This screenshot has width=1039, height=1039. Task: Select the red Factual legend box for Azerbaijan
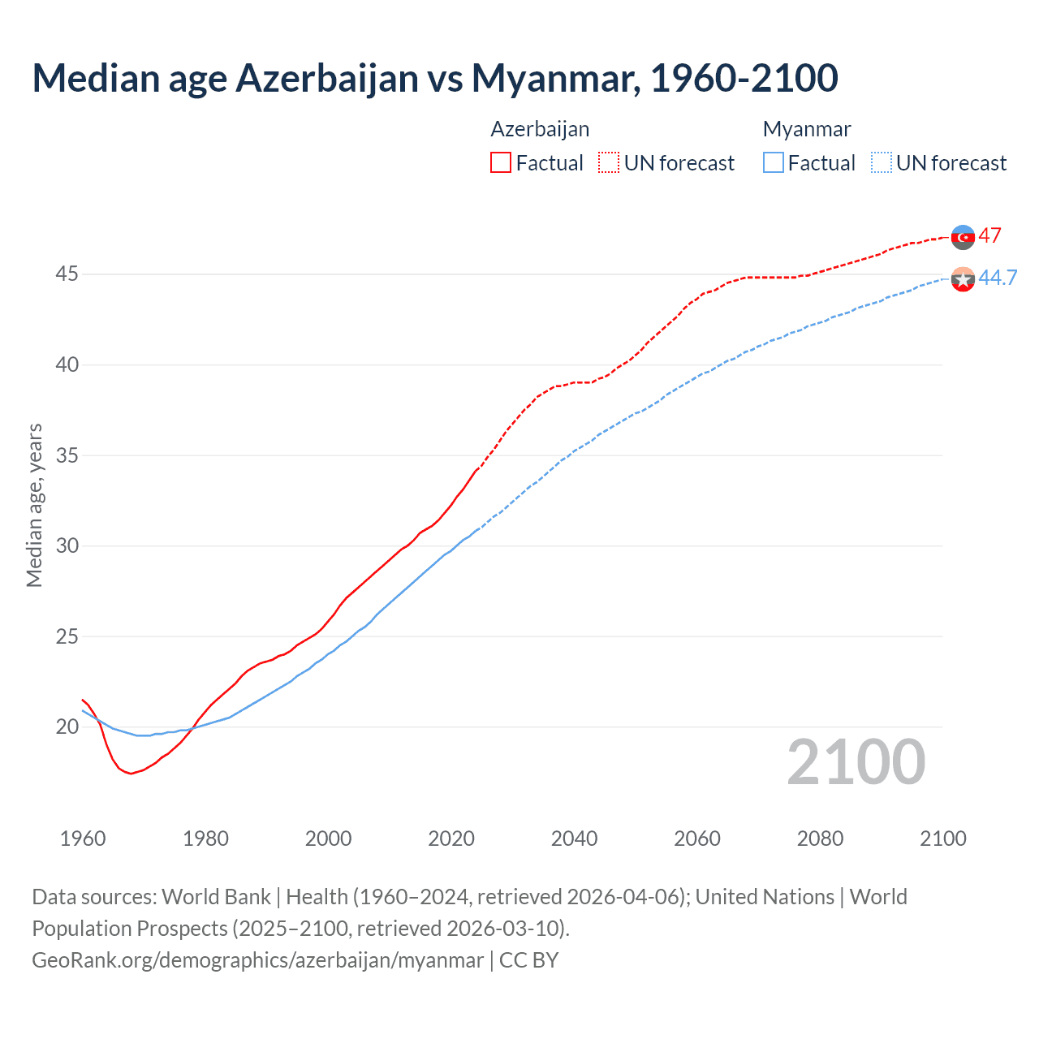click(501, 163)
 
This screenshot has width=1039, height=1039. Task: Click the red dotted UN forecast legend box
click(609, 163)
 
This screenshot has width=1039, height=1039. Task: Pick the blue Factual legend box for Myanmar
click(774, 163)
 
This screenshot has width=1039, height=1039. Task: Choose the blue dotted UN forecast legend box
click(882, 163)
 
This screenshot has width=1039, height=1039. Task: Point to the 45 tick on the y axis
click(67, 274)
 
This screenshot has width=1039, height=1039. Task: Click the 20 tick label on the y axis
click(67, 726)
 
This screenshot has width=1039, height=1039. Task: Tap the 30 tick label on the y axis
click(67, 545)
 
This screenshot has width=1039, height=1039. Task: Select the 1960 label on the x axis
click(83, 839)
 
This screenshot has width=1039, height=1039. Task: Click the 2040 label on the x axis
click(574, 839)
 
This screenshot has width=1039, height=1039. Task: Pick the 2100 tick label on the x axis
click(942, 839)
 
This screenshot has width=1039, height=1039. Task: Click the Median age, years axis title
click(34, 505)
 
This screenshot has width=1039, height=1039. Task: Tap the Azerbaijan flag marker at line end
click(963, 237)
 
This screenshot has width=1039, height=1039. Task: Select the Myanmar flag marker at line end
click(963, 279)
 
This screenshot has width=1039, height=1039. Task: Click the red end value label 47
click(989, 236)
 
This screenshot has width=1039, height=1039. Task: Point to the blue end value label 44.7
click(998, 278)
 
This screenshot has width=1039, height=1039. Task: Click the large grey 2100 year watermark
click(856, 762)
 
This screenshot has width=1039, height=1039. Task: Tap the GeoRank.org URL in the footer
click(257, 960)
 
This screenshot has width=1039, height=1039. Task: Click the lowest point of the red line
click(131, 774)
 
